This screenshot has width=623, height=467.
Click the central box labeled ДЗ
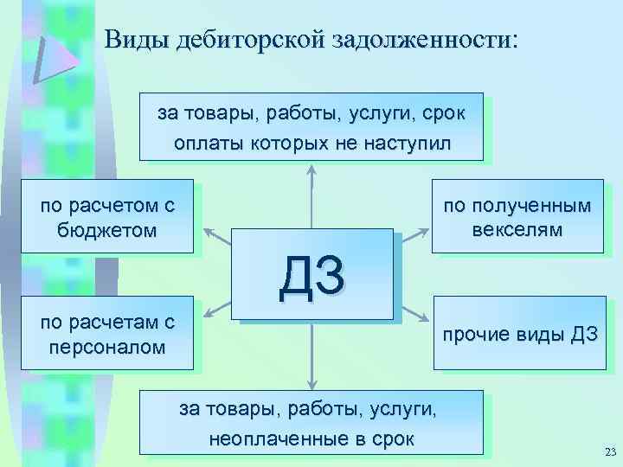click(x=311, y=276)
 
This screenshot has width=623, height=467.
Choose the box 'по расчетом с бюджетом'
click(x=108, y=217)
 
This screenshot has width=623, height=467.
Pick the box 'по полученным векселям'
click(x=517, y=217)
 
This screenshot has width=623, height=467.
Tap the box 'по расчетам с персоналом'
click(x=108, y=335)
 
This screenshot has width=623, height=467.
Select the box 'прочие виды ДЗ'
click(x=517, y=335)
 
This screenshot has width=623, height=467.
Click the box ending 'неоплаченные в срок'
click(x=311, y=422)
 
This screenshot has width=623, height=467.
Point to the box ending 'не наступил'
click(x=311, y=127)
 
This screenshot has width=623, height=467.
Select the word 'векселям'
click(x=517, y=231)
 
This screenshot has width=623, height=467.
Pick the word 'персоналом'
click(x=108, y=349)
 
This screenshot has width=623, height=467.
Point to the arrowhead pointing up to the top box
click(x=311, y=169)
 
